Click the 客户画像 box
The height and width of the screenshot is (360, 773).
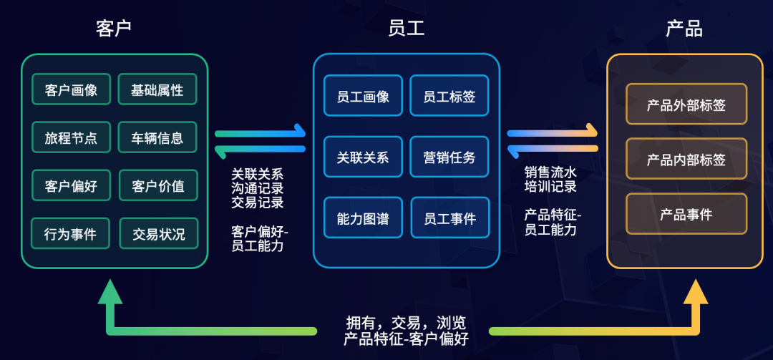tap(71, 91)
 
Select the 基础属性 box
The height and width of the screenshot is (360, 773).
tap(157, 91)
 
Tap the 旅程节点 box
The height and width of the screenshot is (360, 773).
tap(71, 138)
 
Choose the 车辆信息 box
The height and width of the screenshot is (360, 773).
tap(157, 138)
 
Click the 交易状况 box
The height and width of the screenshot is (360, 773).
tap(158, 234)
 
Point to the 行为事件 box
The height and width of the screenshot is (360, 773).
tap(71, 234)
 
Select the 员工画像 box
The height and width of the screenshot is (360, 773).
tap(363, 97)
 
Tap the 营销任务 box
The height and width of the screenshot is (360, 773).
tap(449, 157)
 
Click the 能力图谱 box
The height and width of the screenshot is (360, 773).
tap(363, 218)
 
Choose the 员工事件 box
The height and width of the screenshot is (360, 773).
tap(449, 218)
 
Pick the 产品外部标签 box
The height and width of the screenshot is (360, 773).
tap(686, 105)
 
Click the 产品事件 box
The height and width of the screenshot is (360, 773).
tap(686, 214)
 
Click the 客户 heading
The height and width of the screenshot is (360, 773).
tap(114, 29)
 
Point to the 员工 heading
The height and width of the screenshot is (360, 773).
tap(406, 29)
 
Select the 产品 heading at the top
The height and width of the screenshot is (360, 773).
tap(684, 29)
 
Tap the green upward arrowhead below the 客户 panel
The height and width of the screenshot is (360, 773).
tap(110, 292)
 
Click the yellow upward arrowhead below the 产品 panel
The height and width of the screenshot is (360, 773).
tap(695, 292)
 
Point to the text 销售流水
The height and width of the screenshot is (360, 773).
tap(550, 172)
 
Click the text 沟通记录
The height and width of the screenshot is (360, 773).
tap(258, 188)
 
